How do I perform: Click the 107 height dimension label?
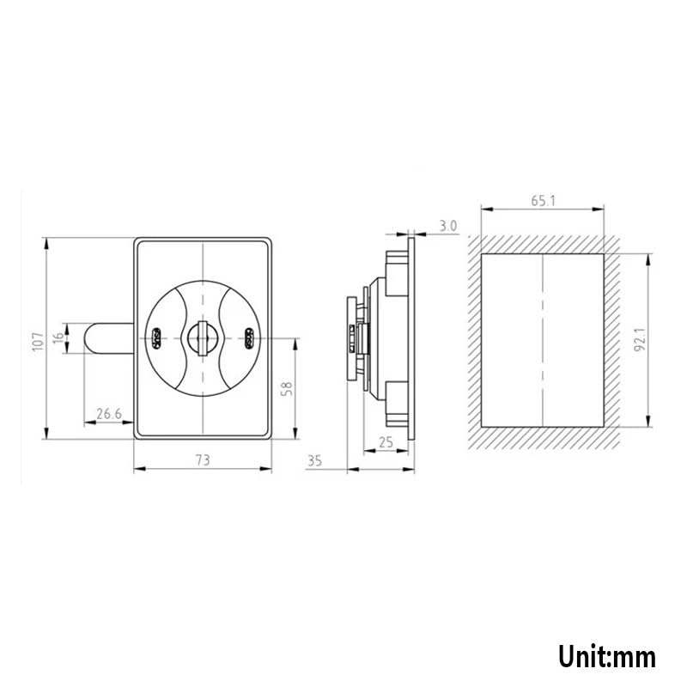pos(38,341)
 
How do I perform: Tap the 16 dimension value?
pos(58,338)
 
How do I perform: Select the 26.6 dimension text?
pos(109,414)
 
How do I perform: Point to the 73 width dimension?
pos(203,459)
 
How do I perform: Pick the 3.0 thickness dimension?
pos(447,226)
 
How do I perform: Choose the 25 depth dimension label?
pos(386,442)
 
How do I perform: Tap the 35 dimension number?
pos(314,461)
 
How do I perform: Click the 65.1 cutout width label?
pos(544,201)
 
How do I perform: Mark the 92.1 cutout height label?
pos(640,339)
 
